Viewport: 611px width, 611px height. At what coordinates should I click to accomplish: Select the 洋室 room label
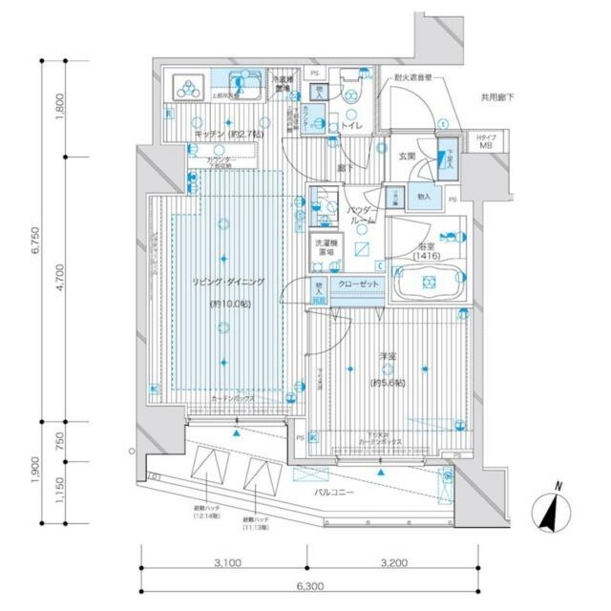388,356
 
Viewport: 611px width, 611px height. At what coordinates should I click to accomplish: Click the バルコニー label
337,493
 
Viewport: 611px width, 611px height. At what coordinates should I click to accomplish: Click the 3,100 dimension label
226,562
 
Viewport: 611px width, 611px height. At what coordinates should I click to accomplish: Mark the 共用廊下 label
497,97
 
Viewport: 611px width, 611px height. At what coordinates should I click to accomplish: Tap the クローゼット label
358,284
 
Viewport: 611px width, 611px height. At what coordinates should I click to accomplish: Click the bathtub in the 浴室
428,282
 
